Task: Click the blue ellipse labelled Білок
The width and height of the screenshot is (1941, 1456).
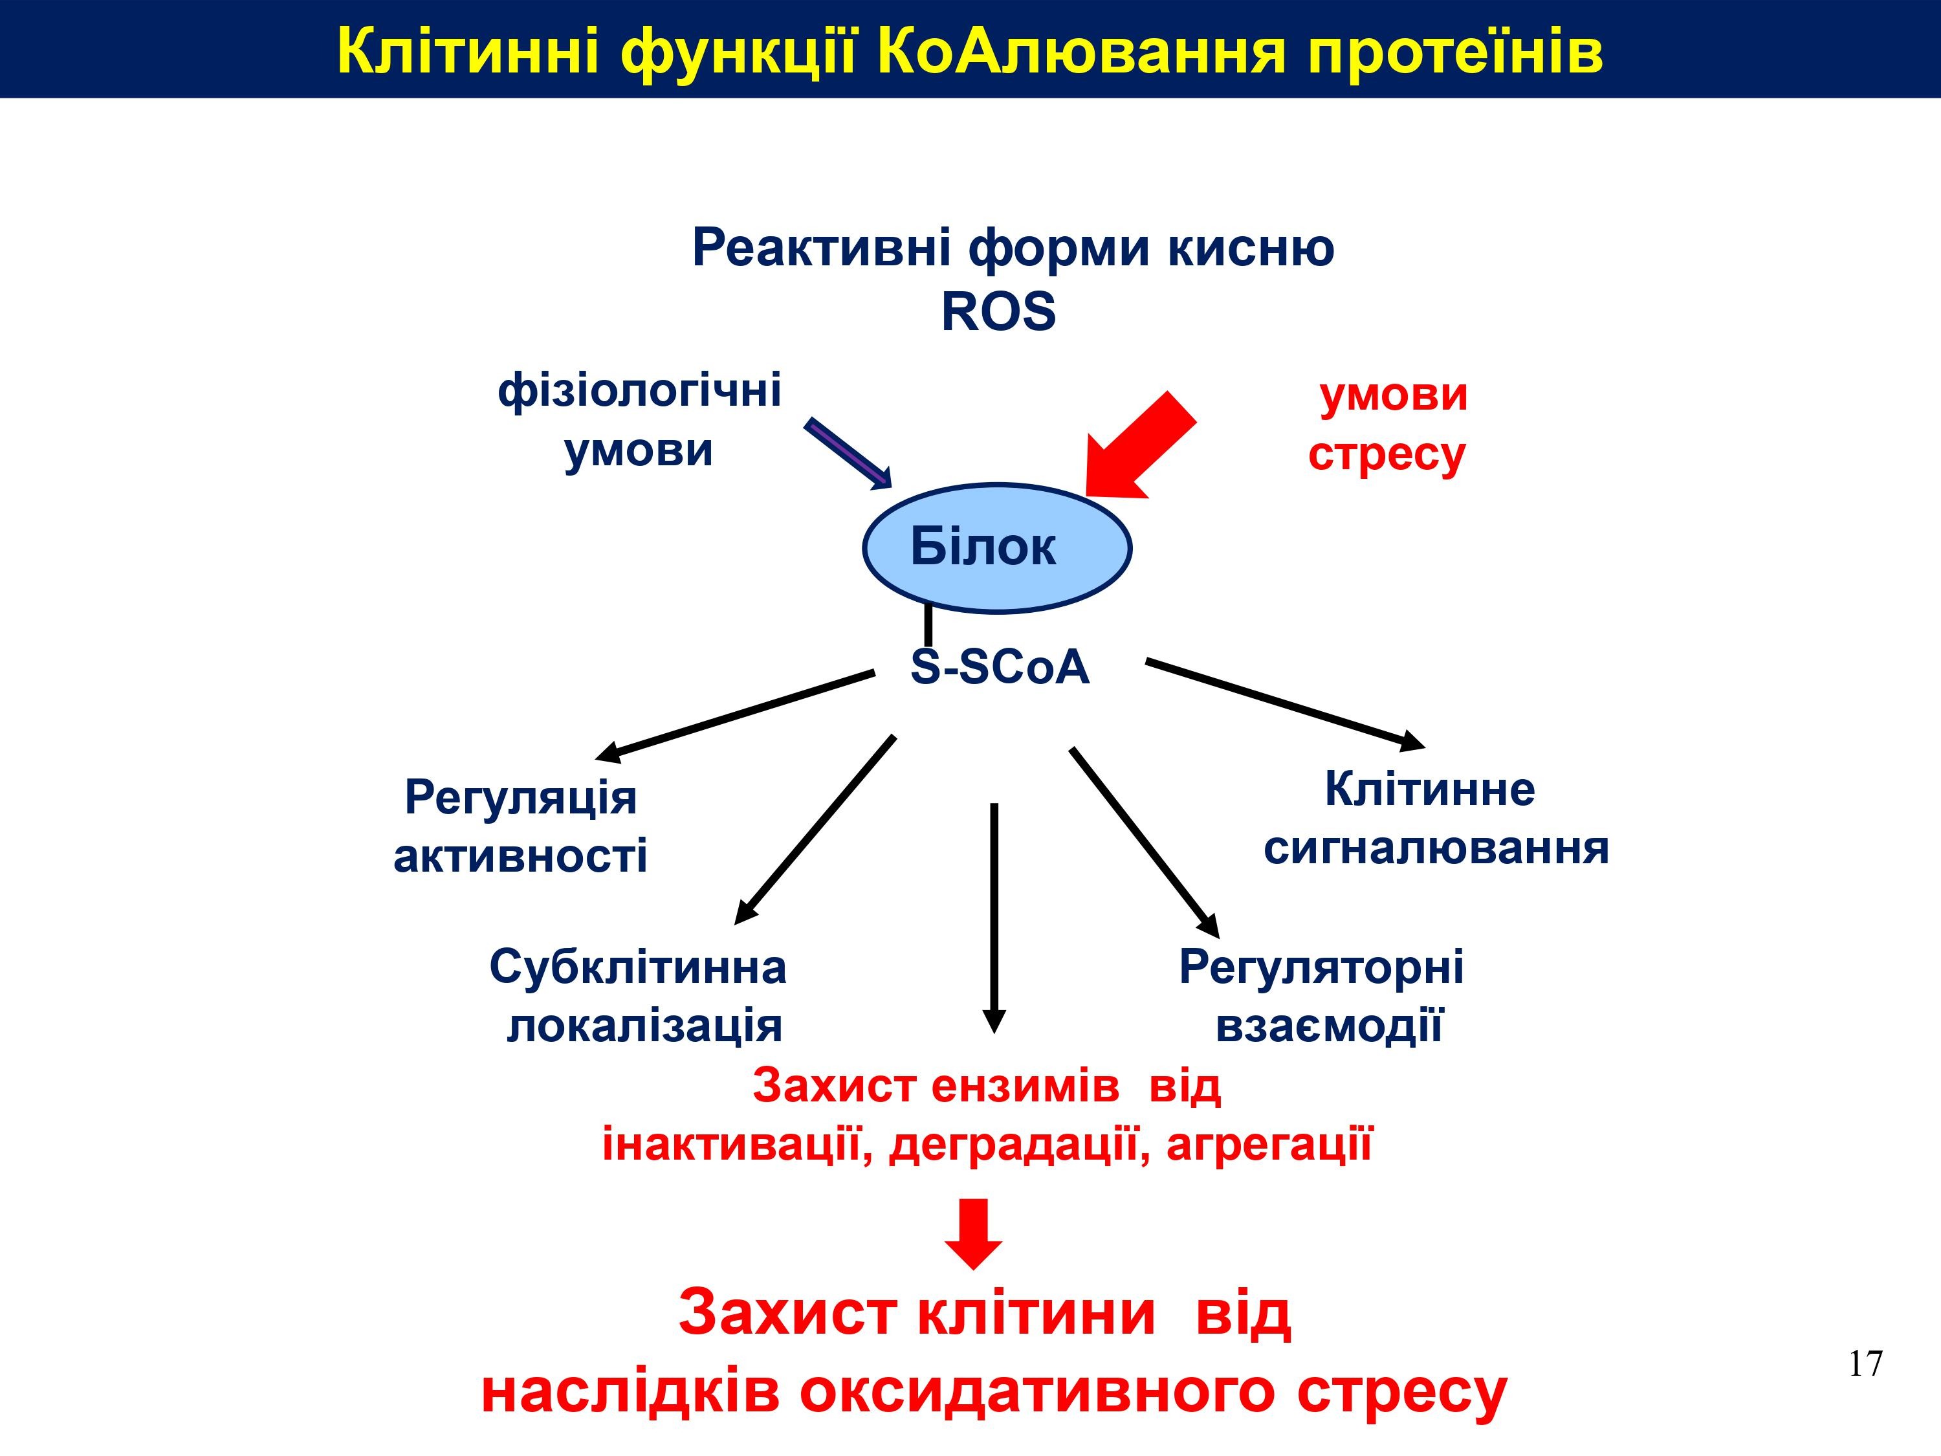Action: (x=997, y=547)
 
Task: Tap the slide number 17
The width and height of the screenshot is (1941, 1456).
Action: (x=1865, y=1364)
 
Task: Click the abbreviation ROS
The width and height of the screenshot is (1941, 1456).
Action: (x=998, y=311)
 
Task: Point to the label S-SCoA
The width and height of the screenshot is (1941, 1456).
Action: (x=1000, y=667)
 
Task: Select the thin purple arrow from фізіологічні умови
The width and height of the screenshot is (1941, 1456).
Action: (x=848, y=453)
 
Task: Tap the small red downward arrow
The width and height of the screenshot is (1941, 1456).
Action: (x=973, y=1234)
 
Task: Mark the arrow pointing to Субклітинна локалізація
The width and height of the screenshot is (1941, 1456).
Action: (x=815, y=830)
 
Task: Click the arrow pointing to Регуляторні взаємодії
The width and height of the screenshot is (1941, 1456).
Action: (x=1145, y=843)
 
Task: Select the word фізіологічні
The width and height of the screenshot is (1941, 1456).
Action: (x=640, y=391)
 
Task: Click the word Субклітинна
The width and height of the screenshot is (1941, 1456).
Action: (x=638, y=967)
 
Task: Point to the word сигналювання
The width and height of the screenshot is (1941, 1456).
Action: (x=1436, y=848)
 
